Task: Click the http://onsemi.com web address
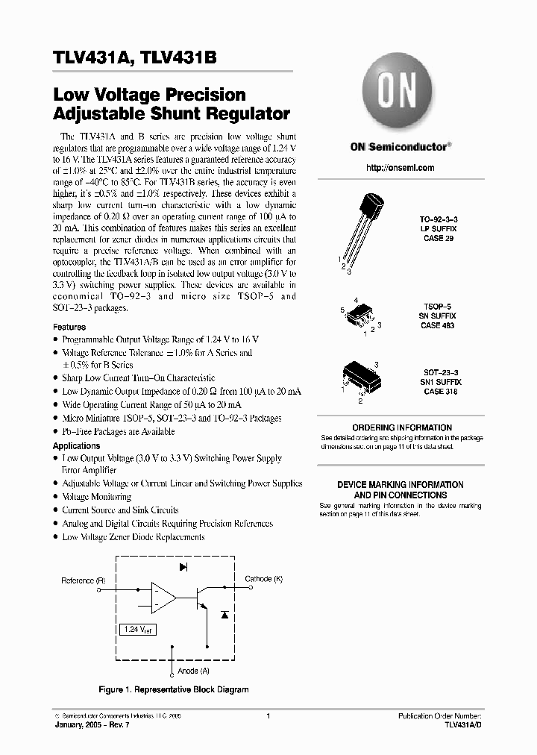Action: [399, 170]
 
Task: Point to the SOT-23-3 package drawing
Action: [361, 377]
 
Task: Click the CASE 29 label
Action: [439, 238]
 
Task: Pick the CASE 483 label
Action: [439, 326]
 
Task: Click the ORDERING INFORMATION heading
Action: [401, 427]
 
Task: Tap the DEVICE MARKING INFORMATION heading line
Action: [401, 485]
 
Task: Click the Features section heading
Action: [69, 327]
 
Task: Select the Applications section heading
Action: [76, 445]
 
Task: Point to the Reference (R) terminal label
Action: [83, 580]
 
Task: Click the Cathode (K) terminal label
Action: [264, 579]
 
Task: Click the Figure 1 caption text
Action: [175, 689]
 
